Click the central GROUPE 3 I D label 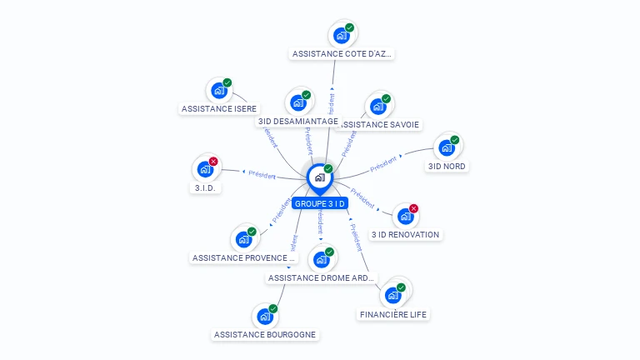tap(320, 203)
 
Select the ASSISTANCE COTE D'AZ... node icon tap(341, 36)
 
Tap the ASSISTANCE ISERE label tap(219, 108)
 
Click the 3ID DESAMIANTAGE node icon tap(297, 103)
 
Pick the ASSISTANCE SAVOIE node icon tap(377, 107)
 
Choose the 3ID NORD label tap(447, 166)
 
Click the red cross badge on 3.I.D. tap(213, 162)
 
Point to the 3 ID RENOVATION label tap(405, 234)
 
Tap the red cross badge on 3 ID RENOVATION tap(413, 208)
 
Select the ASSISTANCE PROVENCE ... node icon tap(243, 240)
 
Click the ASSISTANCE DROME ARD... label tap(322, 277)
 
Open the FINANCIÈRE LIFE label tap(393, 314)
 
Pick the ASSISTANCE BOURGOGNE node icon tap(264, 317)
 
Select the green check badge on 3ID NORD tap(454, 140)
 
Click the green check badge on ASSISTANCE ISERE tap(227, 82)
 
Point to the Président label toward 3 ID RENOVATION tap(363, 197)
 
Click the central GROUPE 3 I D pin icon tap(319, 177)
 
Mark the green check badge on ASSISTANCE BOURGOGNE tap(272, 309)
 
